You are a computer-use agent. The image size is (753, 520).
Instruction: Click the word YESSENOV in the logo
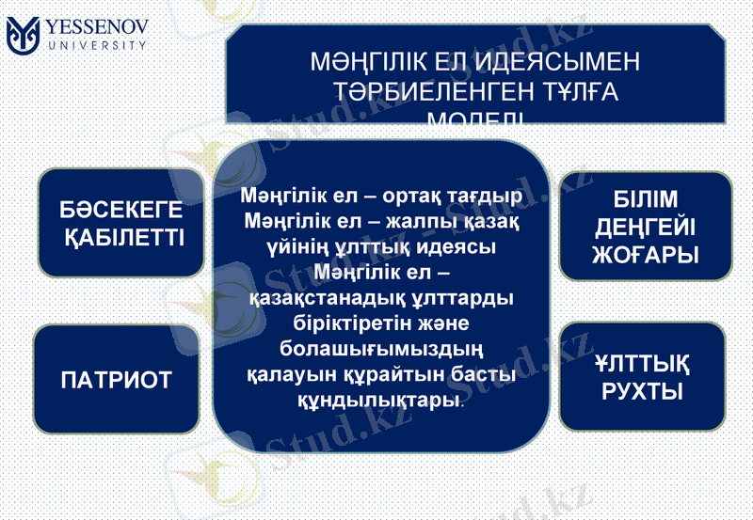(x=99, y=25)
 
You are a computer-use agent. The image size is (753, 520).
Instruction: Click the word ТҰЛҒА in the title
(x=569, y=92)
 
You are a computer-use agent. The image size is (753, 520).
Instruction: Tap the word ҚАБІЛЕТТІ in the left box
(x=123, y=237)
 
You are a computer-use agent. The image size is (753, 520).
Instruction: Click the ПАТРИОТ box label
(x=117, y=380)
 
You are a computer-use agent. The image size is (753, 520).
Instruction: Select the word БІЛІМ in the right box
(x=645, y=200)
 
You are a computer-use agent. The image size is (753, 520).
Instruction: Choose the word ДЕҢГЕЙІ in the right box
(x=645, y=227)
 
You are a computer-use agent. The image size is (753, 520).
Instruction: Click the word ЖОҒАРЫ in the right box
(x=645, y=254)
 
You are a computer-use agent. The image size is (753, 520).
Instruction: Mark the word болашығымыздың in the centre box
(x=382, y=350)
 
